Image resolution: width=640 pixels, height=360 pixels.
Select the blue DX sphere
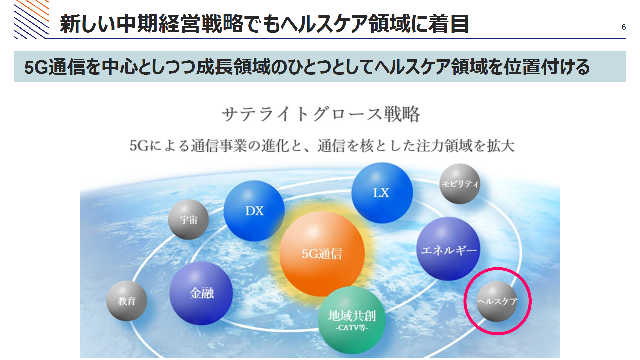click(254, 211)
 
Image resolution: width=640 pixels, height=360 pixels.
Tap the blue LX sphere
click(382, 193)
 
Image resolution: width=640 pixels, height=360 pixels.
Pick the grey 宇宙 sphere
click(188, 220)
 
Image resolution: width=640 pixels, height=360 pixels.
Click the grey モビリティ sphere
click(460, 184)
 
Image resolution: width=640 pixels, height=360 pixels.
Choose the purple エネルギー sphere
click(449, 249)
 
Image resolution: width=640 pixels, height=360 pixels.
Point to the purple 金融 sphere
click(201, 293)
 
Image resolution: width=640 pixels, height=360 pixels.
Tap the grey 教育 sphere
click(127, 301)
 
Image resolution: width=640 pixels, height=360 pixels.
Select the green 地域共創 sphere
click(352, 320)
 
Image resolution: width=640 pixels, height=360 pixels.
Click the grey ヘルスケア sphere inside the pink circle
click(497, 301)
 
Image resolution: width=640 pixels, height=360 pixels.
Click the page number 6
click(624, 27)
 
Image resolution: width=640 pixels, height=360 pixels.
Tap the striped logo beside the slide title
click(31, 19)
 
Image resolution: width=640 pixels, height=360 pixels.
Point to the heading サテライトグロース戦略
click(321, 114)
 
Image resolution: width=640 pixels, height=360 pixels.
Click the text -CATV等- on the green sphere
click(352, 328)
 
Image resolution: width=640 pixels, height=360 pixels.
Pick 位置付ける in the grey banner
click(547, 67)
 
